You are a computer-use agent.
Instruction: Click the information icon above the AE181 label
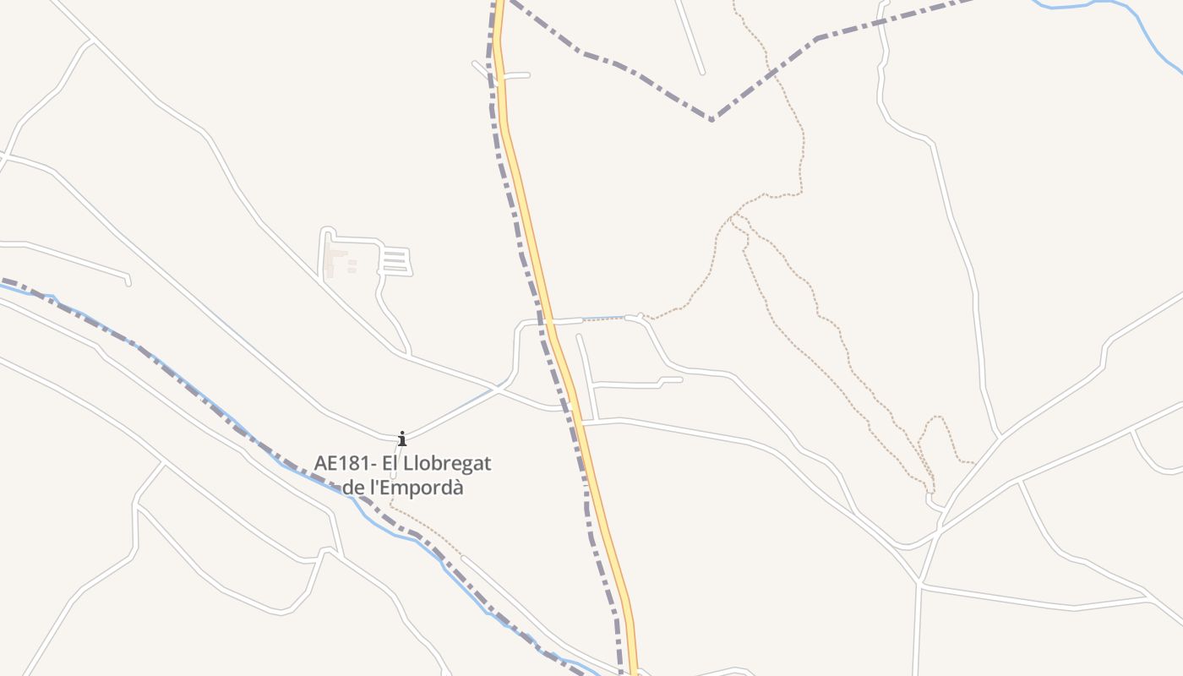coord(402,438)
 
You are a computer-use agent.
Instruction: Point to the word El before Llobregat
coord(391,464)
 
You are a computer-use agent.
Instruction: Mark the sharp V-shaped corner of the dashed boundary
coord(711,119)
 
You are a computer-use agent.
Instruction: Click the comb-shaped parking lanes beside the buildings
coord(395,261)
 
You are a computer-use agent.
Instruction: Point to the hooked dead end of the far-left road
coord(128,280)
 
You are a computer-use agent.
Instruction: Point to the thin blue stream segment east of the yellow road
coord(604,319)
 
